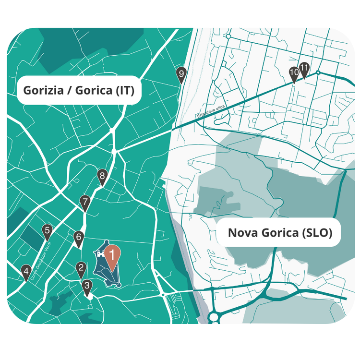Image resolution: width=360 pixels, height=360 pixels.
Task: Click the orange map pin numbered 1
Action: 112,254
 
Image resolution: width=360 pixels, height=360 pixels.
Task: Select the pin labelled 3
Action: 86,285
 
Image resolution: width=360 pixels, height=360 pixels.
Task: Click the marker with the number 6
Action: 79,237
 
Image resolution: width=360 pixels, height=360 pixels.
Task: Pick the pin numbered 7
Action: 85,202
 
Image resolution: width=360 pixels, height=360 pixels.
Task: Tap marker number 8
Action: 102,176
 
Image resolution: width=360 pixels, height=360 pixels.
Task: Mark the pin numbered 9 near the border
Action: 180,73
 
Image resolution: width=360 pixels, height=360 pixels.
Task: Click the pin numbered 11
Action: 304,68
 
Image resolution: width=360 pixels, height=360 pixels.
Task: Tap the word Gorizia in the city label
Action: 44,90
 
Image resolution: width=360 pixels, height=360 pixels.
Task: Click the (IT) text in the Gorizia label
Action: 124,90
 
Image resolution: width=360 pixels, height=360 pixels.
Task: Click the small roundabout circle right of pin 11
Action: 318,72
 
